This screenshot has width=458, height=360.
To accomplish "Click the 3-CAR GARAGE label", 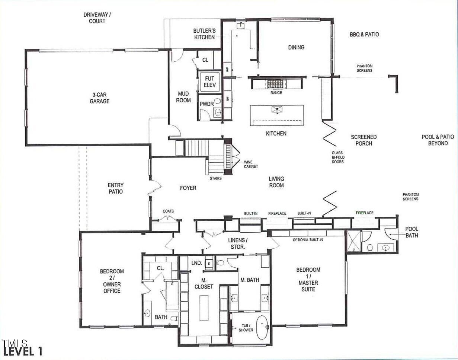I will click(99, 98).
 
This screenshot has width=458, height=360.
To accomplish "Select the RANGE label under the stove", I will click(276, 93).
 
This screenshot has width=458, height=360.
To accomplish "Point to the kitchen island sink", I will click(277, 109).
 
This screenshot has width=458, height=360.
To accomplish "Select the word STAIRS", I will click(215, 178).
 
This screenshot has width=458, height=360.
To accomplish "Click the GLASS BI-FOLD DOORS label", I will click(338, 157).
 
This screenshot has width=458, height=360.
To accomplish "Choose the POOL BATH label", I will click(411, 232).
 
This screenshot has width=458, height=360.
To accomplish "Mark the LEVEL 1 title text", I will click(23, 351).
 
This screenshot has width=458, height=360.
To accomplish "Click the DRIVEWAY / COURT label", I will click(97, 18).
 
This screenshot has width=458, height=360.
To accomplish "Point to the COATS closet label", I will click(168, 211).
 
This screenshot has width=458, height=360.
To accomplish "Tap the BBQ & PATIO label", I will click(364, 34).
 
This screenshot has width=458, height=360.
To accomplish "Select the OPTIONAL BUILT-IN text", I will click(308, 240).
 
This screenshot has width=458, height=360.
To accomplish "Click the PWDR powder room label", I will click(206, 104).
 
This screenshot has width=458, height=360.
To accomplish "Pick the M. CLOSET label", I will click(204, 283).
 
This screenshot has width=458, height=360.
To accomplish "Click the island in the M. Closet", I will click(204, 308).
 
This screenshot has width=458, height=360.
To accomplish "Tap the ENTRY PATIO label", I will click(115, 188).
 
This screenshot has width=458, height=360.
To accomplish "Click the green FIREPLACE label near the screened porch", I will click(364, 213).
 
